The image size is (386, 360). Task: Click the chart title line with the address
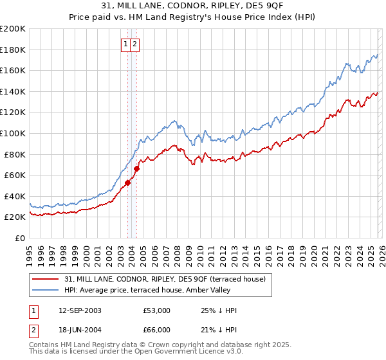(x=192, y=7)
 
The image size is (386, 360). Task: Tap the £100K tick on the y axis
(x=13, y=133)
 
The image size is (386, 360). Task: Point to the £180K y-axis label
(x=13, y=50)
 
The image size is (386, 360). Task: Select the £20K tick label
(x=15, y=217)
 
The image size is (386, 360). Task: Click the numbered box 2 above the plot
(x=136, y=44)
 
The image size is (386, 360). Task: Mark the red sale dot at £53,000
(x=127, y=183)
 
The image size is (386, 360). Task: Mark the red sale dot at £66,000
(x=136, y=169)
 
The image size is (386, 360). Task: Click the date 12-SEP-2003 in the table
(x=79, y=310)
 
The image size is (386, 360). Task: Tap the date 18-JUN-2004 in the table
(x=79, y=330)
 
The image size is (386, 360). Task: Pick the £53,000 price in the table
(x=156, y=310)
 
